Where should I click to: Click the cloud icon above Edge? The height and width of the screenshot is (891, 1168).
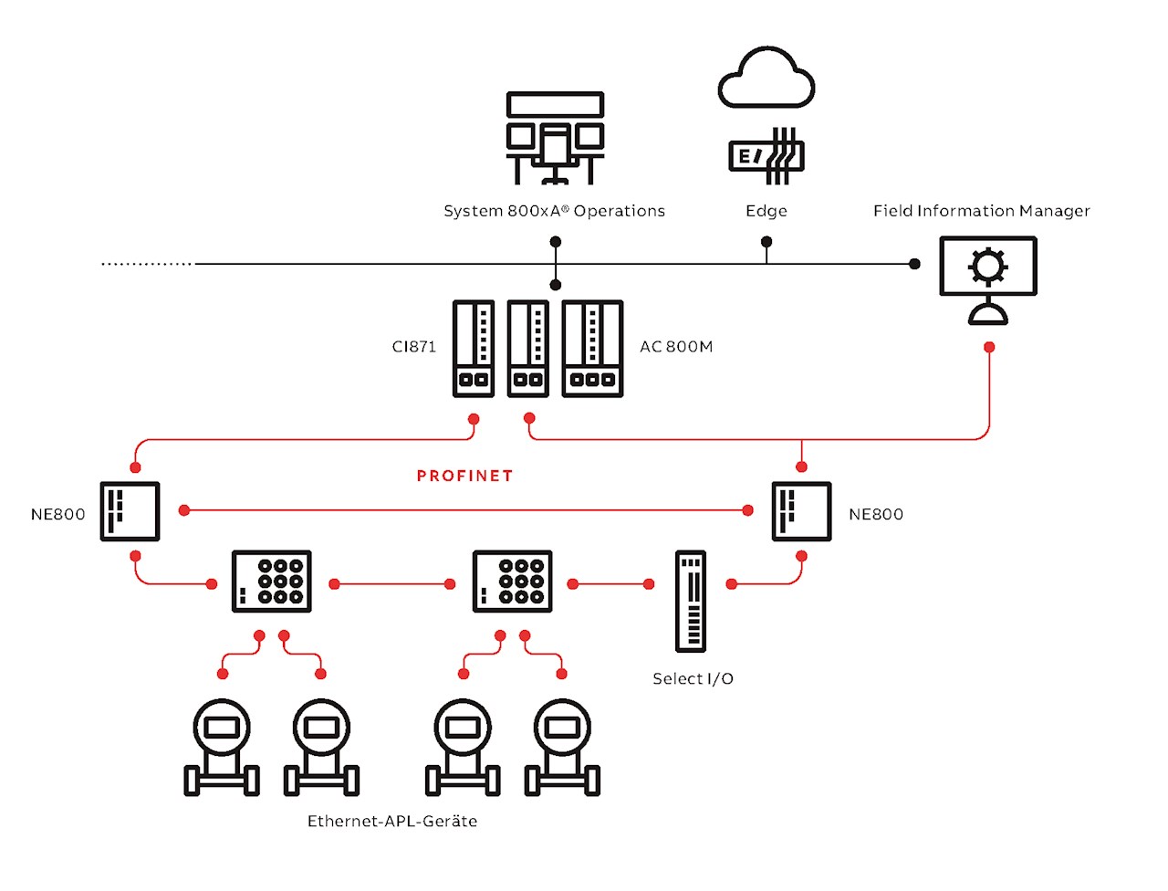pyautogui.click(x=766, y=79)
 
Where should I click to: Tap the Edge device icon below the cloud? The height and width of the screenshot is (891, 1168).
pyautogui.click(x=766, y=156)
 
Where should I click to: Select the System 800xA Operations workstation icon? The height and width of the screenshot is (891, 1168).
pyautogui.click(x=555, y=138)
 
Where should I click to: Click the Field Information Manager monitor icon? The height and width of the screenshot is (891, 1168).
pyautogui.click(x=988, y=279)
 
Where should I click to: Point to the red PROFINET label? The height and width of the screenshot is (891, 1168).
pyautogui.click(x=464, y=476)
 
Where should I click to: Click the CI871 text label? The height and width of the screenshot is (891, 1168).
pyautogui.click(x=414, y=347)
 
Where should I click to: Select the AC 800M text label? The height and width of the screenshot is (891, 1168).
pyautogui.click(x=676, y=347)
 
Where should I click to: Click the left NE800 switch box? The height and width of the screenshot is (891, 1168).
pyautogui.click(x=130, y=511)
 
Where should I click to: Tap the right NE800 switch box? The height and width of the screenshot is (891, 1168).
pyautogui.click(x=801, y=511)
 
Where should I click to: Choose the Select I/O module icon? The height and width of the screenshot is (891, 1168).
pyautogui.click(x=691, y=601)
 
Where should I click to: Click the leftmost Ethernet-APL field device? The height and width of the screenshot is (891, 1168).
pyautogui.click(x=222, y=747)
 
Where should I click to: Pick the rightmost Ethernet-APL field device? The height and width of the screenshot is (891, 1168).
pyautogui.click(x=562, y=747)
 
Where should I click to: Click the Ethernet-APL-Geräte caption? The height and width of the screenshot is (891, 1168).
pyautogui.click(x=392, y=822)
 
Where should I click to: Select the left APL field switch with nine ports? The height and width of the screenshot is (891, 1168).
pyautogui.click(x=272, y=582)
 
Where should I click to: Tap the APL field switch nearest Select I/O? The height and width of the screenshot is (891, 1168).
pyautogui.click(x=513, y=582)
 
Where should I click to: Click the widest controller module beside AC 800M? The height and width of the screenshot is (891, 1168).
pyautogui.click(x=592, y=349)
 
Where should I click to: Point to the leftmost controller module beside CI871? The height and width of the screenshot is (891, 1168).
pyautogui.click(x=474, y=349)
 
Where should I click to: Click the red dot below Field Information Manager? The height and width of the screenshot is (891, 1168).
pyautogui.click(x=989, y=348)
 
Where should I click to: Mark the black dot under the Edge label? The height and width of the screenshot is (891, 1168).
pyautogui.click(x=766, y=242)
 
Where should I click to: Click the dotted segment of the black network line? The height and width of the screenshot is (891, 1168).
pyautogui.click(x=146, y=264)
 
